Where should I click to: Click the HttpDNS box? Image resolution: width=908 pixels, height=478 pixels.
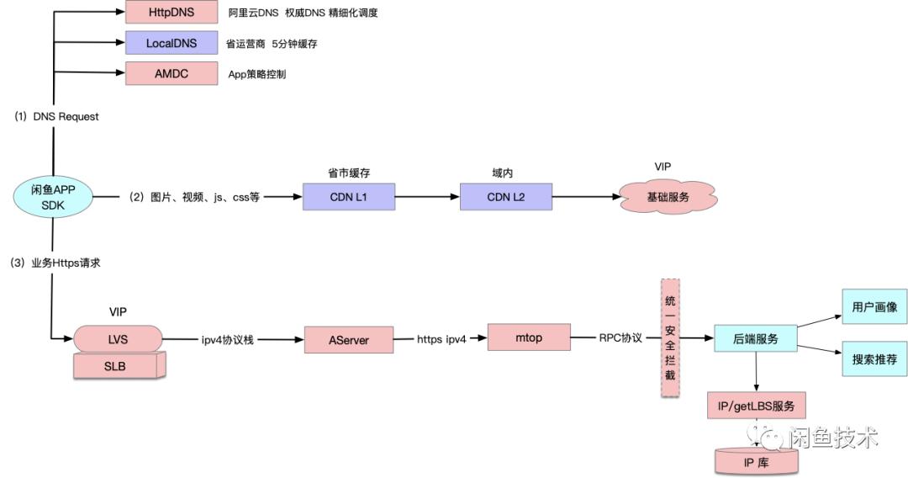(x=171, y=13)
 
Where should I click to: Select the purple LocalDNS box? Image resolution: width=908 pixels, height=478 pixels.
(x=171, y=43)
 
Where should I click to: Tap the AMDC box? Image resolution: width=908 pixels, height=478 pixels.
(x=171, y=73)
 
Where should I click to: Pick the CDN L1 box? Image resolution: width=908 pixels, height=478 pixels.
(x=348, y=197)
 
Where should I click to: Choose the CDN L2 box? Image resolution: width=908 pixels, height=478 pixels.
(x=505, y=197)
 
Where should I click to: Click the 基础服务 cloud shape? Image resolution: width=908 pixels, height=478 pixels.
(x=668, y=197)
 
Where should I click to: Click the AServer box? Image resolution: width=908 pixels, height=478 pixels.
(x=348, y=340)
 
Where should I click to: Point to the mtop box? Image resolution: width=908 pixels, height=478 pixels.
(x=528, y=337)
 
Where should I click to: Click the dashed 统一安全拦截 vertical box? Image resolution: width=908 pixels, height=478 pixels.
(x=669, y=339)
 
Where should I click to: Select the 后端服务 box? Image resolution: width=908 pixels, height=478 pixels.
(x=754, y=338)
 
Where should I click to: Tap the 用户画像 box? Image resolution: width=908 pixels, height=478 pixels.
(x=874, y=307)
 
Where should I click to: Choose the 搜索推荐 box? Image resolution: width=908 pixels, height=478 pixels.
(x=874, y=359)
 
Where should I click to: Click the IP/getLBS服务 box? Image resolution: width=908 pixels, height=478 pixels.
(x=757, y=406)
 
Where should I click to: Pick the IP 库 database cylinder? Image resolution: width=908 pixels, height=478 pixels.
(x=757, y=461)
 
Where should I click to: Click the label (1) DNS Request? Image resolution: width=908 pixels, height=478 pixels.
(x=56, y=117)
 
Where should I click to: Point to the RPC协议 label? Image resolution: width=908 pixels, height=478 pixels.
(x=620, y=338)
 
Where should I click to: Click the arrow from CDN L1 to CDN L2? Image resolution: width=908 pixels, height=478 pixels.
(x=427, y=197)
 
